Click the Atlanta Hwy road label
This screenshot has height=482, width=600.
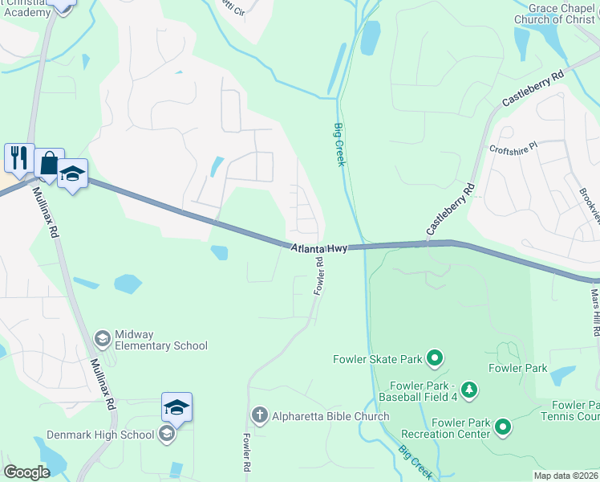click(x=319, y=249)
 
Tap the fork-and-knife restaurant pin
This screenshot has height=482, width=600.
click(x=18, y=157)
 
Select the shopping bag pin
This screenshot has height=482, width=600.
click(x=49, y=163)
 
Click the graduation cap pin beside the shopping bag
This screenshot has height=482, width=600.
click(x=72, y=174)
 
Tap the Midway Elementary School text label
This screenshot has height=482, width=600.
click(x=161, y=340)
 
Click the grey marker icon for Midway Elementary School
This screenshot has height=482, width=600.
click(x=102, y=339)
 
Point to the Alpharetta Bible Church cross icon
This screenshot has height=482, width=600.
click(x=258, y=415)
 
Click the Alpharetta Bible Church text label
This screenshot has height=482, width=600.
click(x=330, y=416)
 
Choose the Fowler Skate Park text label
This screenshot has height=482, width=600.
click(x=377, y=358)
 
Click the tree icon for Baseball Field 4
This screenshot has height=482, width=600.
click(x=469, y=391)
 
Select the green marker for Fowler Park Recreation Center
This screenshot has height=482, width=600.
click(x=503, y=427)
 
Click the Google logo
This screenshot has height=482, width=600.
click(x=26, y=472)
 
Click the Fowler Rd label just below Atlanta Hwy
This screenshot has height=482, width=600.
click(x=318, y=275)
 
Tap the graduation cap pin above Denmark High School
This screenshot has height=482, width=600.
click(x=176, y=407)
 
